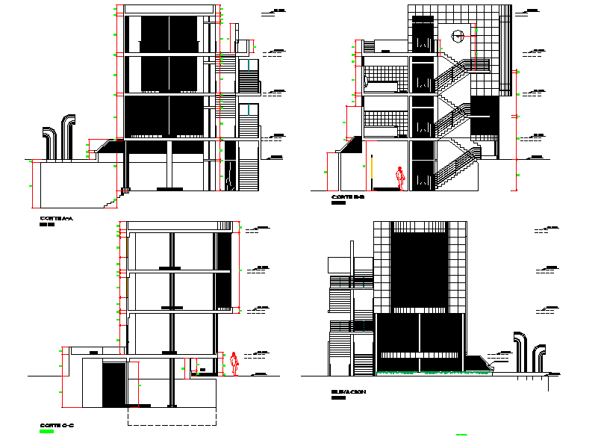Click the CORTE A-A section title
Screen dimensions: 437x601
57,218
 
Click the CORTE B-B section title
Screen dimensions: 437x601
346,196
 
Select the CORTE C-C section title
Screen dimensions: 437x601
56,425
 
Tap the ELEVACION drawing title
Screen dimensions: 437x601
348,391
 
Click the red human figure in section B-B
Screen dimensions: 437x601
401,178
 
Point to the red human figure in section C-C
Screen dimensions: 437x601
234,362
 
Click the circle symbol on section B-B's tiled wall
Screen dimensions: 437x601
458,34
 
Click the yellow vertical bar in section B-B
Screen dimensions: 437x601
372,173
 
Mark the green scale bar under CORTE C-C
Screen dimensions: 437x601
47,431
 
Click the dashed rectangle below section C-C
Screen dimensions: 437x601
172,415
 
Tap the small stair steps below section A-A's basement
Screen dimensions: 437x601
111,202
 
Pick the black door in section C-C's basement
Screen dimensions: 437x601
113,385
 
